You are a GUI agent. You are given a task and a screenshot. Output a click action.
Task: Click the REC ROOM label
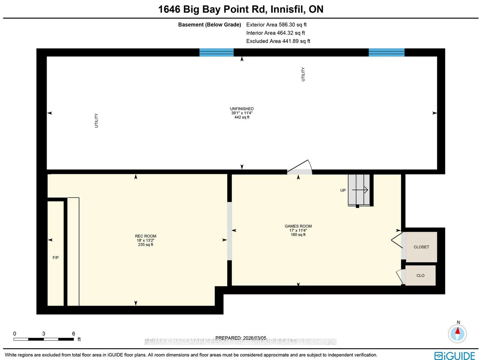click(145, 236)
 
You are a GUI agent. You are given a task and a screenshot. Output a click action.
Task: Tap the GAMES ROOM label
click(298, 226)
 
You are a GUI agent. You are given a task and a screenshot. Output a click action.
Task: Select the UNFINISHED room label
click(242, 109)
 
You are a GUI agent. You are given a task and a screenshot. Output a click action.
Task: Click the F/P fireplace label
click(55, 258)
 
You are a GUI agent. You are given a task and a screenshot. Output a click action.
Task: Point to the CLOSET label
click(421, 247)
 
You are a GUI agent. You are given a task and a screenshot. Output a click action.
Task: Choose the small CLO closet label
click(420, 276)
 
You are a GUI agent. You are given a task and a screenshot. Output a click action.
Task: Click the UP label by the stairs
click(343, 191)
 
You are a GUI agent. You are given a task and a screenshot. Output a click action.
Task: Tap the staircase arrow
click(360, 190)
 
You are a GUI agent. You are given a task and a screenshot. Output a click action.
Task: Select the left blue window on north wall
click(216, 52)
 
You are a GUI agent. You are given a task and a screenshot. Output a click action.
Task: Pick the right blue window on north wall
click(386, 52)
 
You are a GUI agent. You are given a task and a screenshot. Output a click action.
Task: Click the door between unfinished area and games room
click(300, 168)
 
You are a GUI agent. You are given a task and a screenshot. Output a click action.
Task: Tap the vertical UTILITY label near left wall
click(97, 121)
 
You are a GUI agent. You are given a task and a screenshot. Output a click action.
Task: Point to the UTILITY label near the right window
click(303, 74)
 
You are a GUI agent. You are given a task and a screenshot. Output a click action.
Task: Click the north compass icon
click(457, 333)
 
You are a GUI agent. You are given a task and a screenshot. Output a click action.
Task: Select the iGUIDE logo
click(455, 356)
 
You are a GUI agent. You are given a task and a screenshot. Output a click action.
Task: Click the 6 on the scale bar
click(74, 334)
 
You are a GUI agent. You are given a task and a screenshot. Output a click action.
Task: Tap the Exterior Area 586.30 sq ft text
click(276, 25)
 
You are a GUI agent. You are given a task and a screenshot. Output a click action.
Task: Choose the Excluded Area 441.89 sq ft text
click(278, 41)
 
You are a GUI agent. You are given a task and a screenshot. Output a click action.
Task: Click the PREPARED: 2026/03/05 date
click(240, 338)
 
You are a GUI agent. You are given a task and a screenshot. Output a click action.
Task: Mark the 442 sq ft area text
click(242, 117)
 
